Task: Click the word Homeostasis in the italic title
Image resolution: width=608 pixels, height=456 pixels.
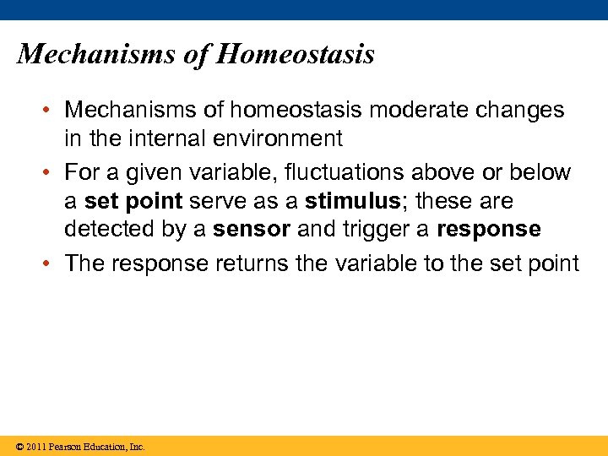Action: pyautogui.click(x=295, y=55)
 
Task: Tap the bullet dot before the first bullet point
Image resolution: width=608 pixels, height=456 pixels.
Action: pyautogui.click(x=52, y=111)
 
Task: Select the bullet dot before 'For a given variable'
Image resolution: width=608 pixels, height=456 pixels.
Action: pyautogui.click(x=52, y=173)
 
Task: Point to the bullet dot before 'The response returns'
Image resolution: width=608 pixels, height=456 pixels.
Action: pyautogui.click(x=52, y=264)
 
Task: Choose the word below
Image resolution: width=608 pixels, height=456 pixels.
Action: pyautogui.click(x=541, y=173)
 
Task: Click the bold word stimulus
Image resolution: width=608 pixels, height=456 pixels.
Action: pyautogui.click(x=351, y=202)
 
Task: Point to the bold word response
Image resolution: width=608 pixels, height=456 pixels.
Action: pyautogui.click(x=488, y=230)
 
